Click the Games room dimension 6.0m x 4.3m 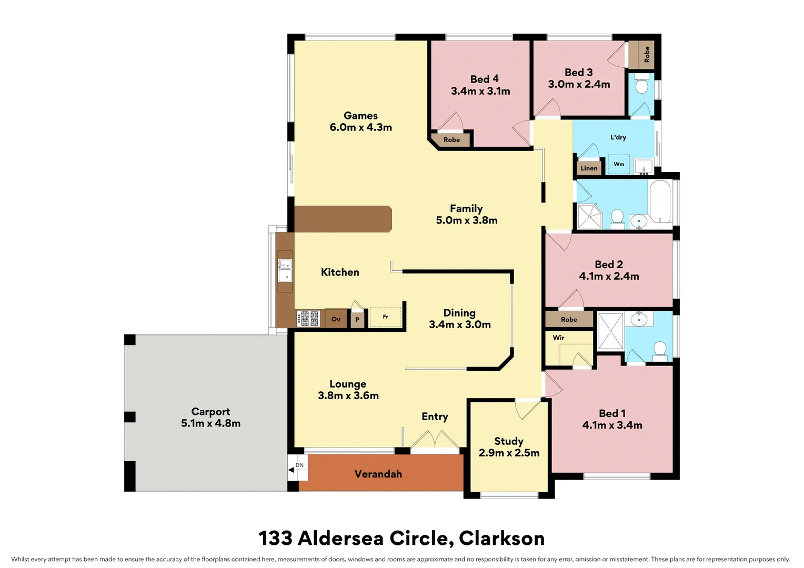point(360,127)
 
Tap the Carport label point(210,412)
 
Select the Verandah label point(378,474)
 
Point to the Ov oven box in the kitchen point(336,319)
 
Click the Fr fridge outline point(385,317)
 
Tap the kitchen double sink point(285,270)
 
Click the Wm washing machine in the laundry point(619,164)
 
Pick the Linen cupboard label point(589,168)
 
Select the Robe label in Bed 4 point(451,139)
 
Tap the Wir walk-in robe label point(558,338)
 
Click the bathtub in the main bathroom point(660,202)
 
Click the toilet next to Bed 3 point(641,86)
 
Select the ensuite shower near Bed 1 point(610,331)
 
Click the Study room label point(508,441)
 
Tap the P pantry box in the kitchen point(357,319)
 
